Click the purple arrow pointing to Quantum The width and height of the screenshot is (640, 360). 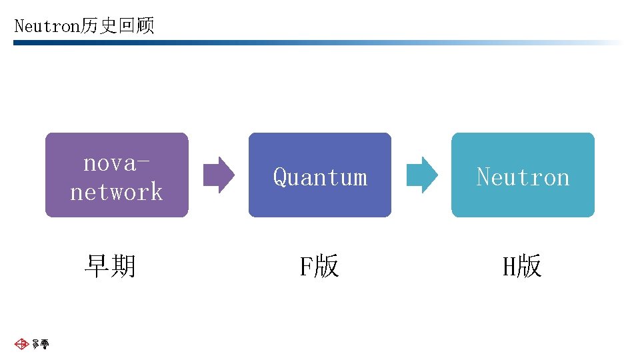coord(219,175)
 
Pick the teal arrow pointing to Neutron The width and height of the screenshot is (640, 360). coord(422,175)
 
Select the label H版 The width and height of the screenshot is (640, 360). coord(522,266)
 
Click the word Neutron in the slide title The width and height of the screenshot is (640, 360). coord(47,27)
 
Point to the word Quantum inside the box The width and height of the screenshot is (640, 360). coord(320,177)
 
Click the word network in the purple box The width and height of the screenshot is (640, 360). coord(117,192)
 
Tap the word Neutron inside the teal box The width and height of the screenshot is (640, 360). coord(523,177)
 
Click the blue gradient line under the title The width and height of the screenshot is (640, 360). coord(267,43)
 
